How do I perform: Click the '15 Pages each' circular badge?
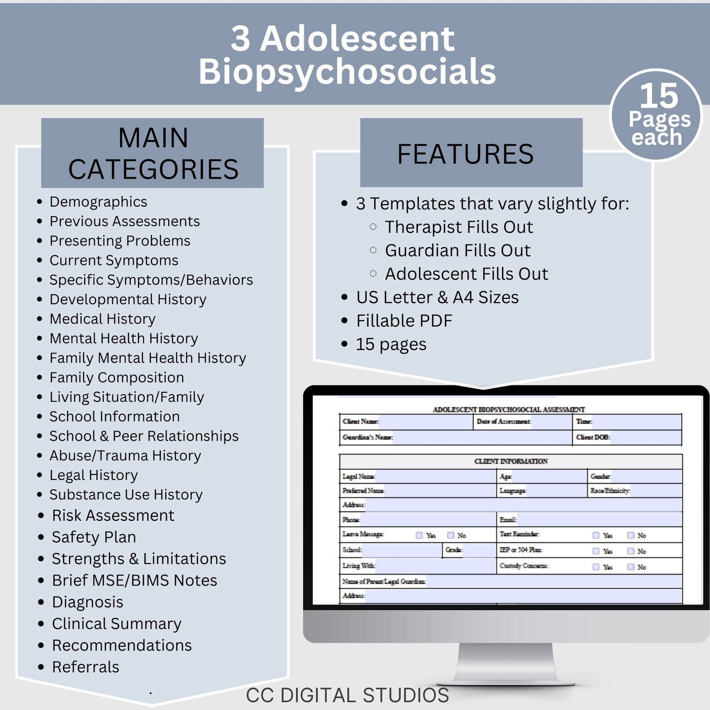click(656, 116)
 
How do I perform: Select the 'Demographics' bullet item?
click(98, 202)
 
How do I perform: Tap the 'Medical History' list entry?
click(103, 319)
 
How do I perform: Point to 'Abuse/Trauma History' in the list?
click(125, 456)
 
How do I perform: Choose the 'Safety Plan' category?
click(94, 537)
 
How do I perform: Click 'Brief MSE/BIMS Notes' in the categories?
click(134, 581)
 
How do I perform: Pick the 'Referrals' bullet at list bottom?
click(86, 667)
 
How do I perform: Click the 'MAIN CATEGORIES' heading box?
click(152, 153)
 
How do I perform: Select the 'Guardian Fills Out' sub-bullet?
click(458, 250)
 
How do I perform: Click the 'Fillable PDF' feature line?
click(404, 321)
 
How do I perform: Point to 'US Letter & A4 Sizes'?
click(437, 297)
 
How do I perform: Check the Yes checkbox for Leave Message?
click(419, 535)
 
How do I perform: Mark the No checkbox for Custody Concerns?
click(631, 567)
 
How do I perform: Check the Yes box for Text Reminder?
click(596, 535)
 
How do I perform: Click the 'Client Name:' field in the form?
click(426, 422)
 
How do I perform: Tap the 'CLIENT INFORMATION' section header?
click(511, 462)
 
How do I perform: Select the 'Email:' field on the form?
click(597, 520)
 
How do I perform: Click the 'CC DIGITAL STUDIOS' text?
click(348, 696)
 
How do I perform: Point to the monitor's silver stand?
click(505, 662)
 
